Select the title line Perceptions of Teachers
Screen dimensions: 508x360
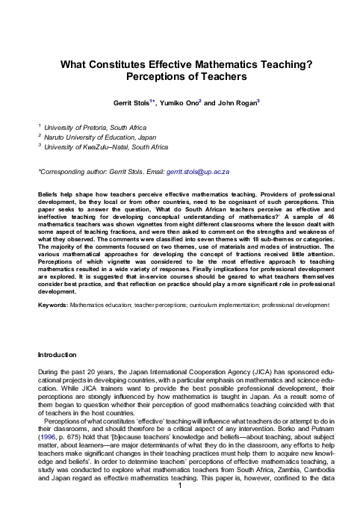[x=180, y=77]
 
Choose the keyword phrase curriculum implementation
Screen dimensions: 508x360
[x=229, y=305]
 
